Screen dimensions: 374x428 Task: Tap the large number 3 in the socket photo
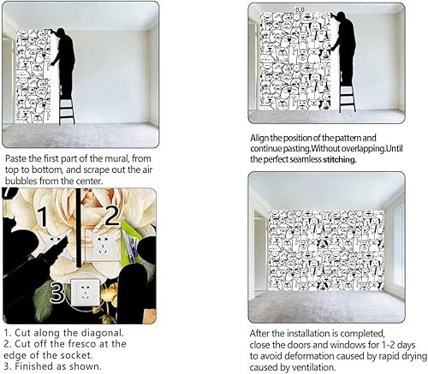tap(57, 292)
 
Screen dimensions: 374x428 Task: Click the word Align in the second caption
tap(262, 138)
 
